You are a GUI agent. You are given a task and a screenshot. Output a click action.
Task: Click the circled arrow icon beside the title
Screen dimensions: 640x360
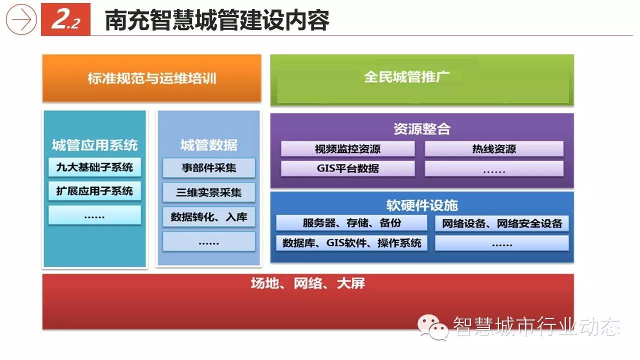click(x=21, y=19)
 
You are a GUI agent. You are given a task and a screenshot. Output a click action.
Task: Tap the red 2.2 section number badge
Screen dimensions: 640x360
click(x=65, y=19)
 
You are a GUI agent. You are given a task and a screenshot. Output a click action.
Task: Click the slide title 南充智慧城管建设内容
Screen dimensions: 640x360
click(x=217, y=20)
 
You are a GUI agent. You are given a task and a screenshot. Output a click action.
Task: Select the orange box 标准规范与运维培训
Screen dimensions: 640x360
click(x=151, y=78)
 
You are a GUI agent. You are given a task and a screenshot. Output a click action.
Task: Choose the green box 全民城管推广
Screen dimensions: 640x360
click(x=422, y=80)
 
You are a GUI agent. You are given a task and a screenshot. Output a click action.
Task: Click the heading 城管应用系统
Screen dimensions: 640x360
click(x=95, y=145)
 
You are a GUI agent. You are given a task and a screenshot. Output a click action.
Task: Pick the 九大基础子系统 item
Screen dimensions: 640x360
click(x=94, y=167)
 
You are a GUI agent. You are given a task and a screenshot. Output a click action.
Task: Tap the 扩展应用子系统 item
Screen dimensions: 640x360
click(x=94, y=191)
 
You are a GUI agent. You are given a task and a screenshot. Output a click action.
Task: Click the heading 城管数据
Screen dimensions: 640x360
click(x=209, y=145)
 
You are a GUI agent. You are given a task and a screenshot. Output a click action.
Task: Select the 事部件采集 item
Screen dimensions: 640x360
click(x=209, y=167)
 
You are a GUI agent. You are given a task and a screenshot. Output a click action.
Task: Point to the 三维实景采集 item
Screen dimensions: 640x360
click(x=209, y=192)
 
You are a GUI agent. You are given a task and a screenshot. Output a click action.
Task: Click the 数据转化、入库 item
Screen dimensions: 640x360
click(x=209, y=217)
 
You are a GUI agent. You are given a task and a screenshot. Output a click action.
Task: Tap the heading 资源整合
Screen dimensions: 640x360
click(x=422, y=129)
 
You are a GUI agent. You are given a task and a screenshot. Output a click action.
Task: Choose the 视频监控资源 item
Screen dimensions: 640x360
click(x=347, y=149)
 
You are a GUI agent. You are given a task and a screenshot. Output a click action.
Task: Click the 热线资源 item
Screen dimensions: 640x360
click(x=494, y=149)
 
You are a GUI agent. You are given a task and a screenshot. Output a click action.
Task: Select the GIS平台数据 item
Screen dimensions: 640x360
click(x=347, y=168)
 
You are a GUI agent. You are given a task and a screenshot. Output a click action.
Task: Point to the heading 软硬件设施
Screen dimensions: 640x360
click(x=422, y=205)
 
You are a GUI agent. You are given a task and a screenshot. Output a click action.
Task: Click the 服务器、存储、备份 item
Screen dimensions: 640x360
click(x=351, y=223)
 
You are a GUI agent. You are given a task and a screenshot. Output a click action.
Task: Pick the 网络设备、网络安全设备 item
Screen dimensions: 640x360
click(x=502, y=223)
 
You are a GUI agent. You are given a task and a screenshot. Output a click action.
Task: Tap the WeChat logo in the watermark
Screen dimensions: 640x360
click(x=432, y=327)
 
